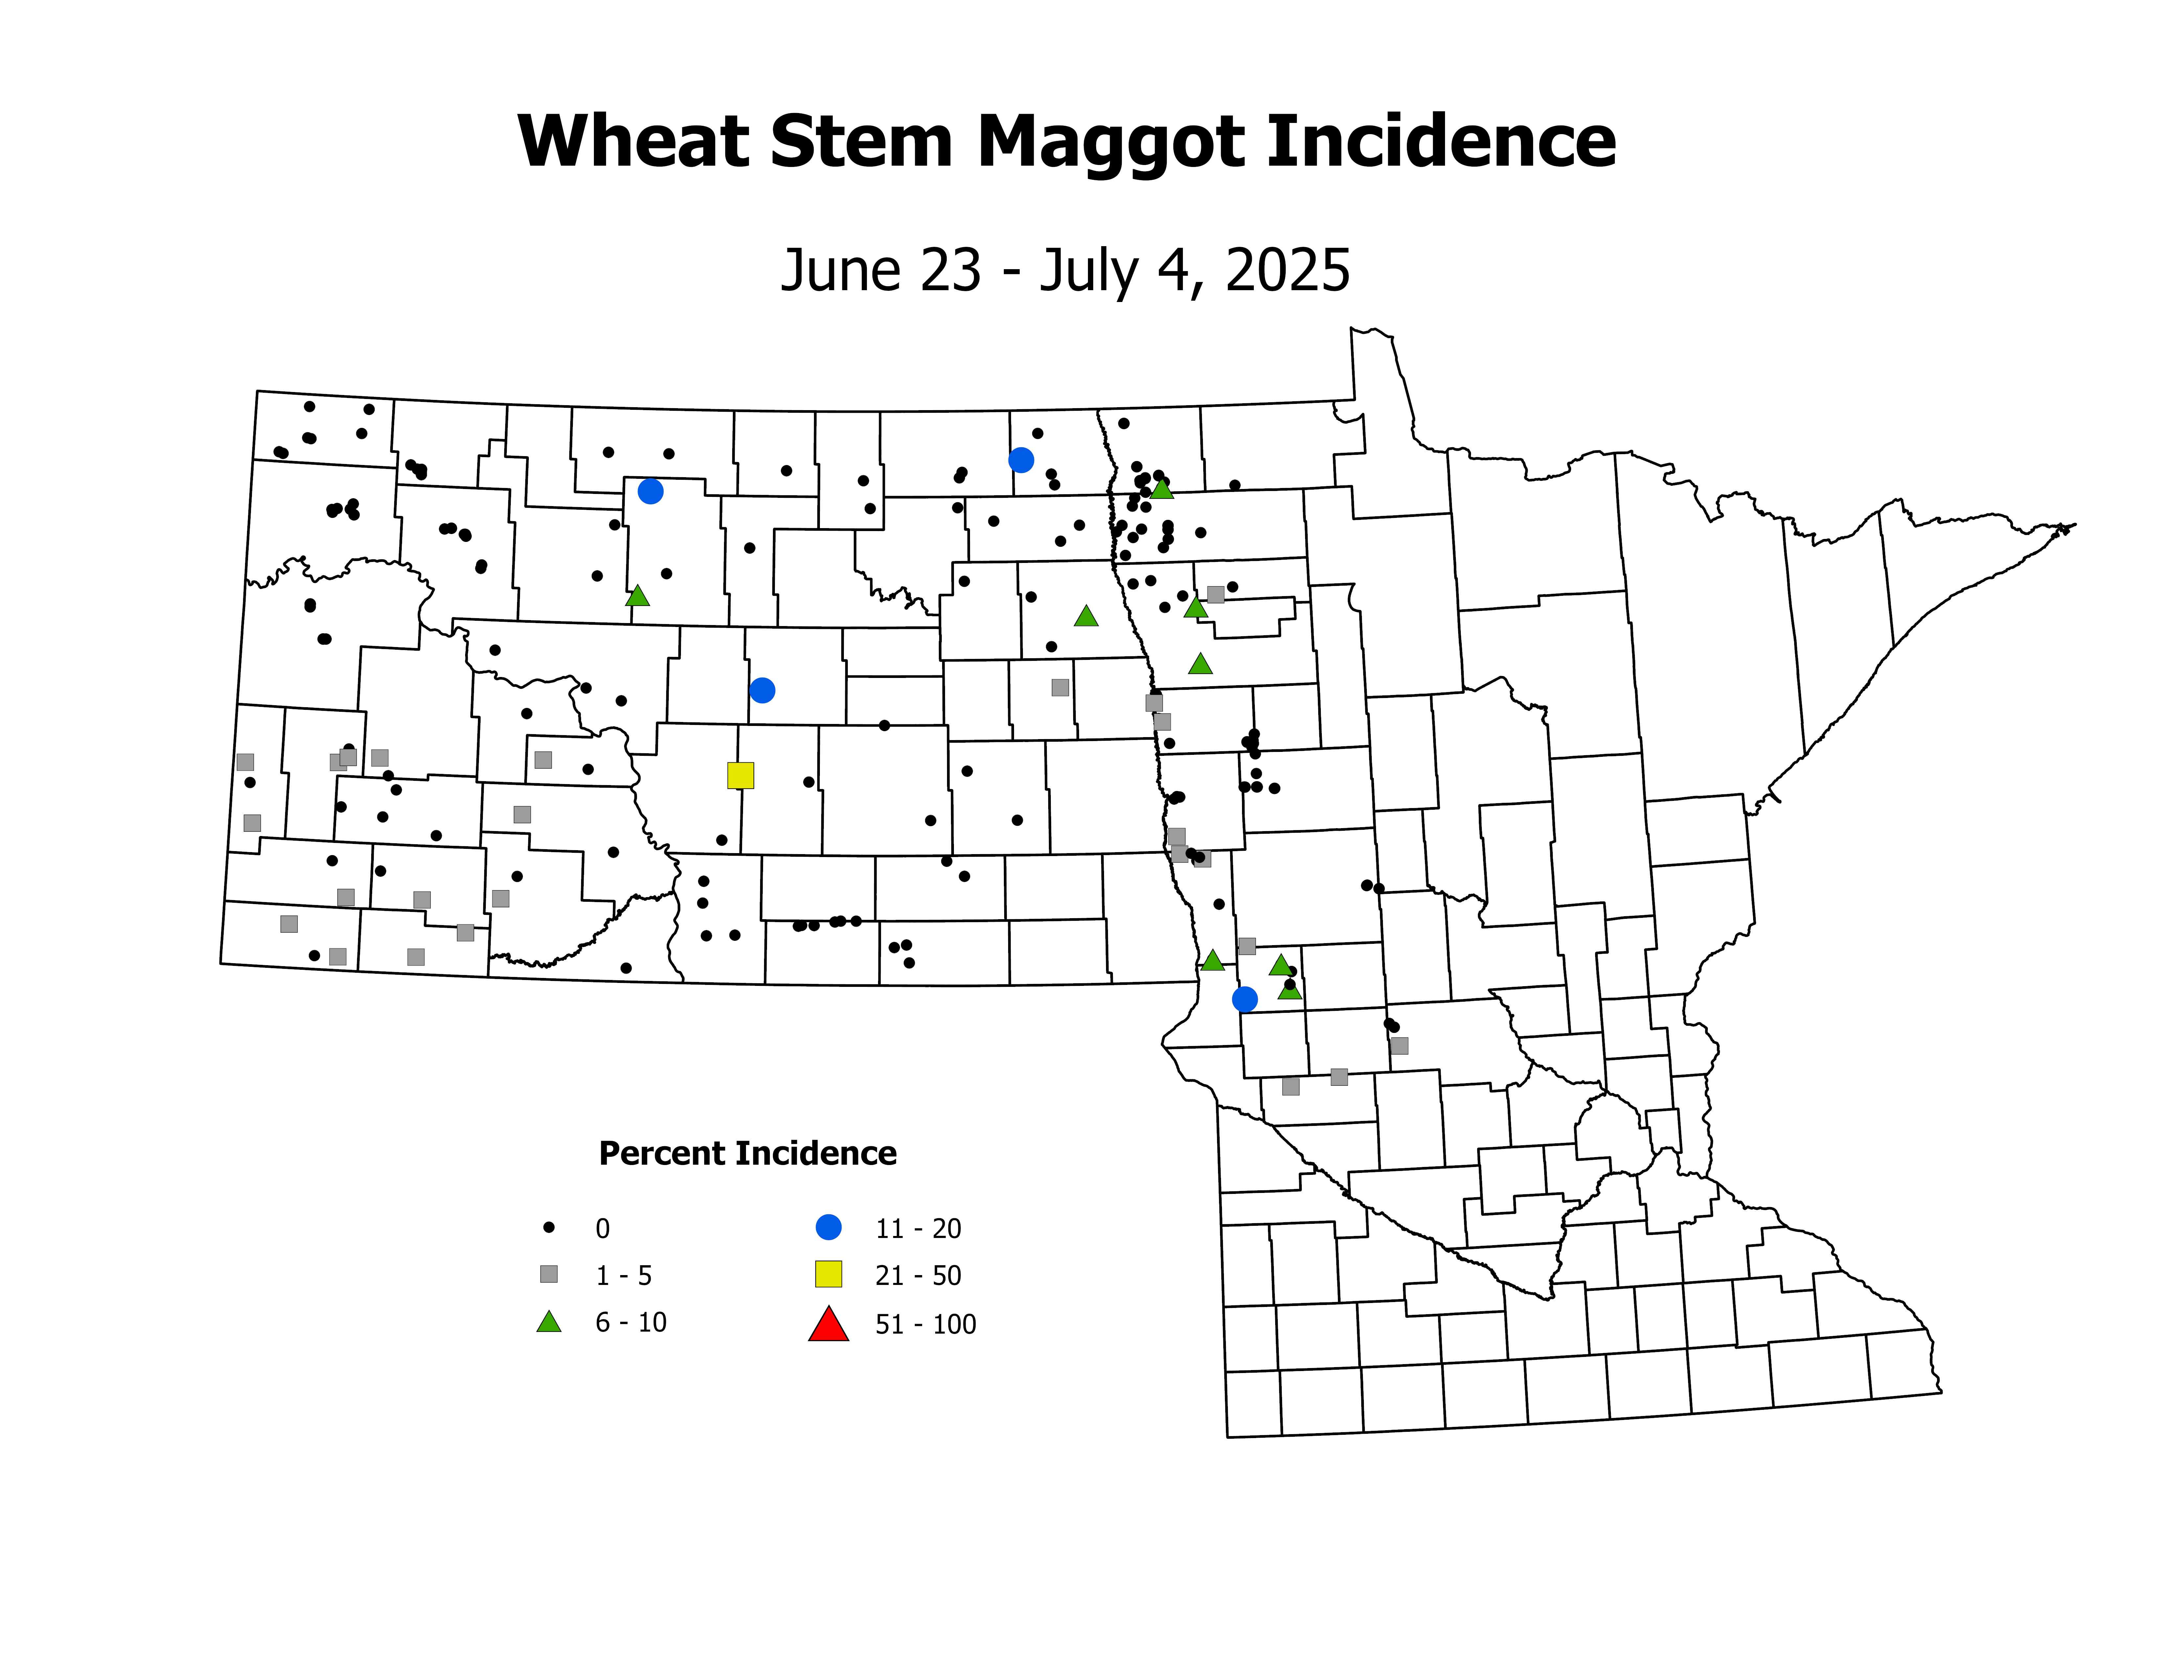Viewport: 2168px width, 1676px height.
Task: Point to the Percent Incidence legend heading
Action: (748, 1154)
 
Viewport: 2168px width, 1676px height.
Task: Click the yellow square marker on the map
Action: (740, 776)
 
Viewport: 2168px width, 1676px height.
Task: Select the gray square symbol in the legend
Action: (549, 1274)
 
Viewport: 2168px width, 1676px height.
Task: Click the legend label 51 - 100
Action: (925, 1324)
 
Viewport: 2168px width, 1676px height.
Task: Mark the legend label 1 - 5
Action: (623, 1276)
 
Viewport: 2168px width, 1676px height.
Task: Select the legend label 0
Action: (602, 1229)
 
